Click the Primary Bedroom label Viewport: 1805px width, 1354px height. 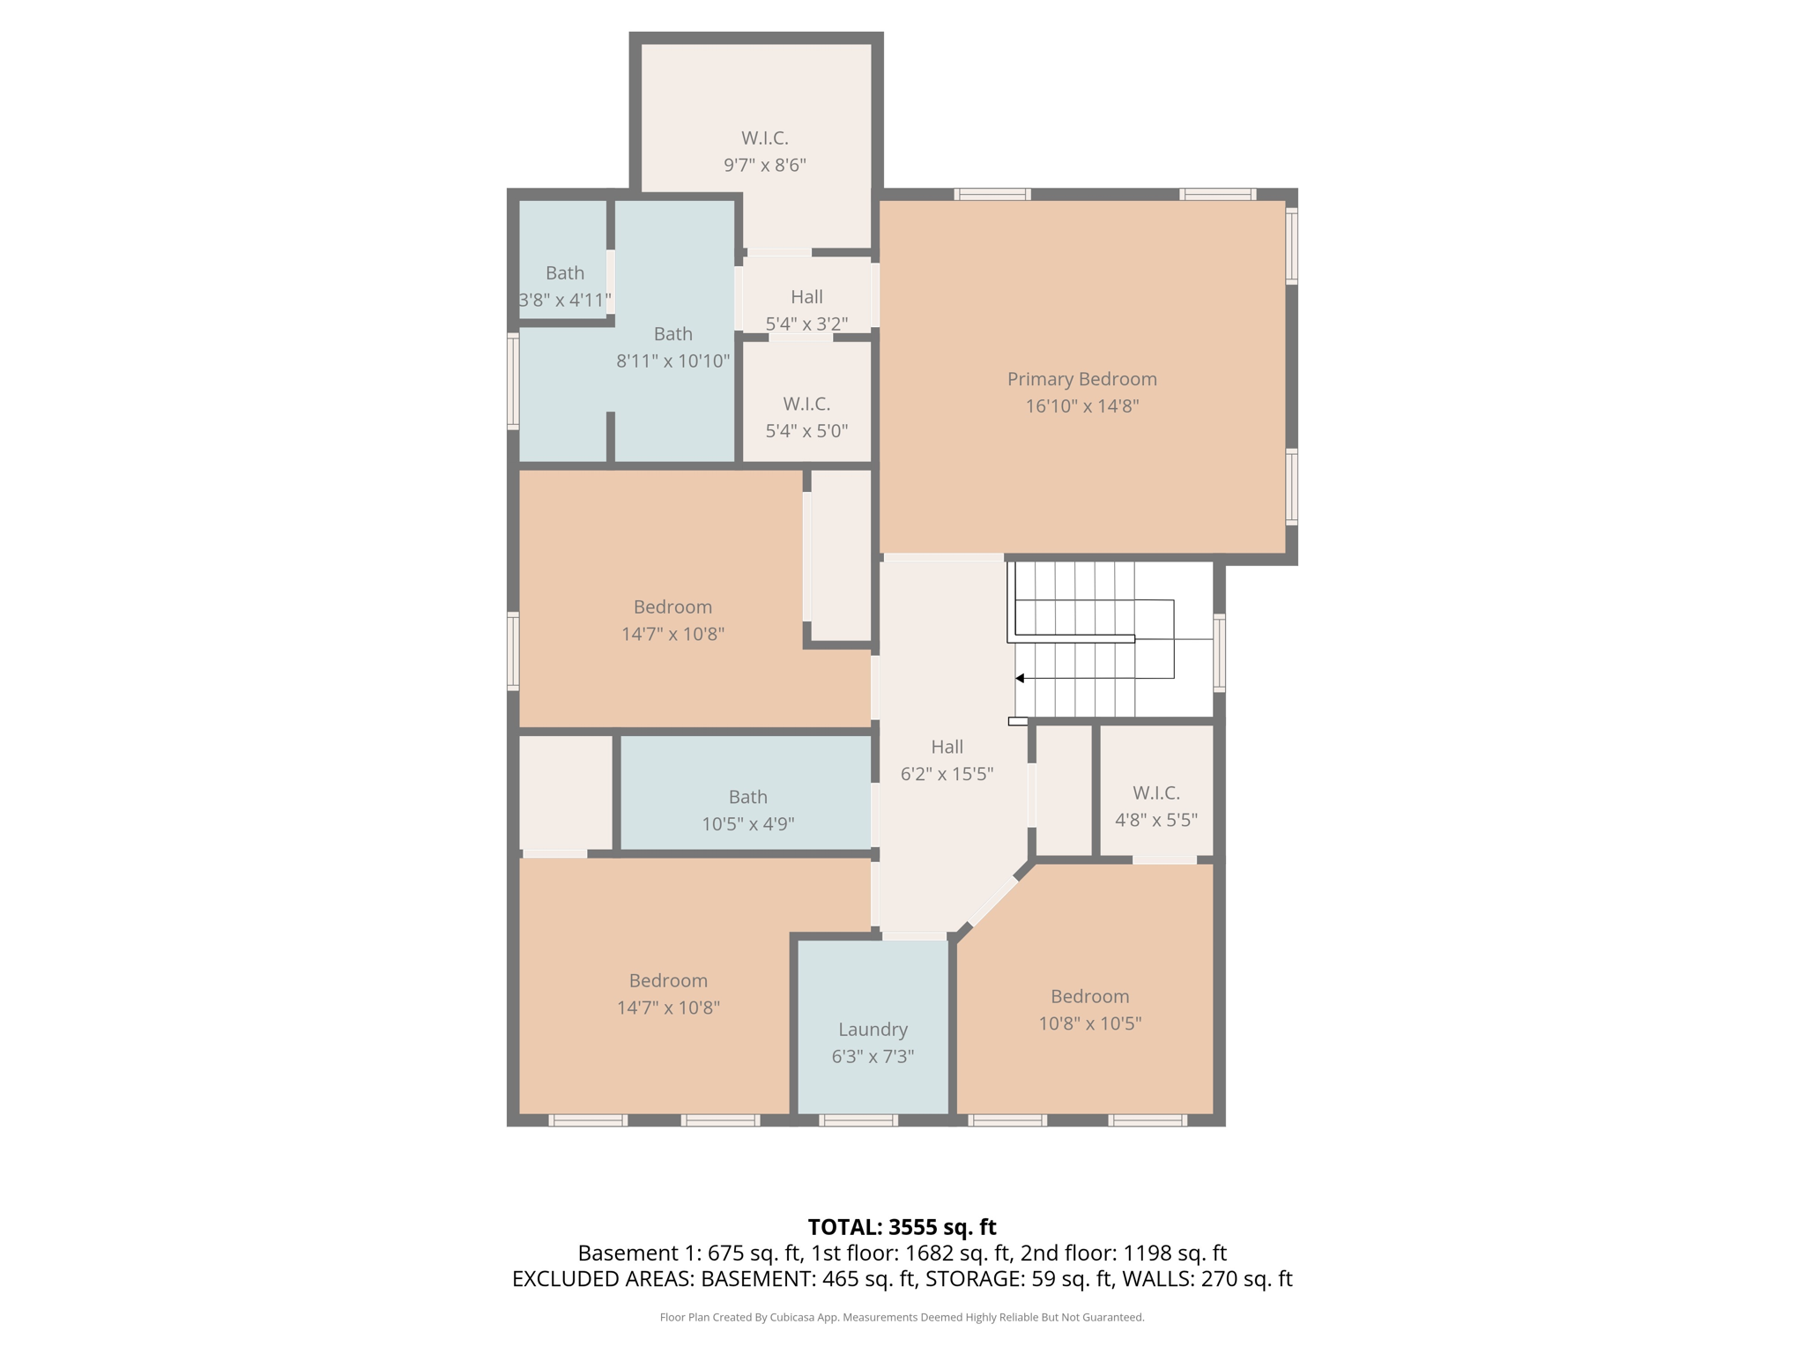point(1081,379)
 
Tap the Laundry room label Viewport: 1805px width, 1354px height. point(873,1029)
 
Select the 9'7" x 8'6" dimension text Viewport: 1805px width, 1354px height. point(764,165)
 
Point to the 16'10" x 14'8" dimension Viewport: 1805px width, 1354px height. point(1081,405)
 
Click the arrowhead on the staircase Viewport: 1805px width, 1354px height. point(1020,678)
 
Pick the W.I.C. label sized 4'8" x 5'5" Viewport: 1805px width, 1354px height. point(1155,792)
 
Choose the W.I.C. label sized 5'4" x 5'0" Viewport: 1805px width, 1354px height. point(806,404)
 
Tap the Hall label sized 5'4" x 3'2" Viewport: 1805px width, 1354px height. point(806,297)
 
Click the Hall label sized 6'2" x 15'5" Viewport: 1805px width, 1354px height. point(947,747)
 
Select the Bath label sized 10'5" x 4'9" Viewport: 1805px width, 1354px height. point(747,797)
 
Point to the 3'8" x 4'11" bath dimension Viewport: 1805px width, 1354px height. point(565,300)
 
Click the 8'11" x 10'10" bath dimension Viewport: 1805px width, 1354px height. point(672,361)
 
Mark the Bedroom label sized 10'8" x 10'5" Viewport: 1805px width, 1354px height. point(1089,996)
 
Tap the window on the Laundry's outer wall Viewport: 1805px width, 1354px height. point(858,1120)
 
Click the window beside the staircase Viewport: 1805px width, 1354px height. point(1220,652)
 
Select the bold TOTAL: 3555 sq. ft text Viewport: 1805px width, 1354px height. point(902,1227)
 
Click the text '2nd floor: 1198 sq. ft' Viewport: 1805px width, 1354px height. point(1123,1253)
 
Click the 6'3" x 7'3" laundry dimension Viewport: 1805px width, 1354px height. point(873,1056)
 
